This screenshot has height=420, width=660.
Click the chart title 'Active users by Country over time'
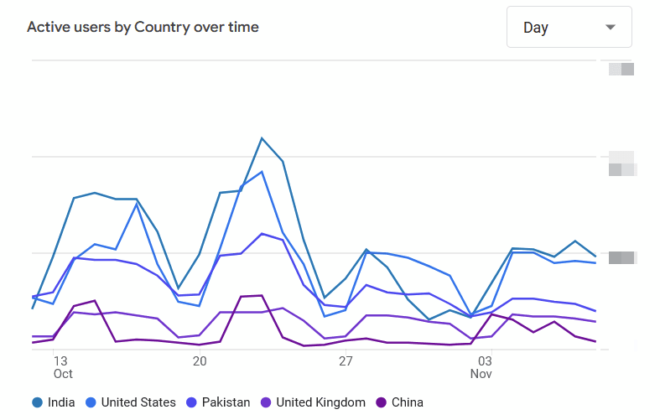143,27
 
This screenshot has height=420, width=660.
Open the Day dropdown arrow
611,27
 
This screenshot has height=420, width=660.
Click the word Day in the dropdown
536,28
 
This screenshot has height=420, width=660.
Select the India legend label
61,402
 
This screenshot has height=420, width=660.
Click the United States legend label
138,402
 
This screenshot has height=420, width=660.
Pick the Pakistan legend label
226,402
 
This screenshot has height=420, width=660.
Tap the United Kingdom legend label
320,402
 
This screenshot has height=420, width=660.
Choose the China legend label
408,402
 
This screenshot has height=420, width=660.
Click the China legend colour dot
382,402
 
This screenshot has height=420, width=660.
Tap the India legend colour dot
38,402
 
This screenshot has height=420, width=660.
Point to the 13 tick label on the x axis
60,361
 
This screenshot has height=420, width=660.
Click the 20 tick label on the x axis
200,361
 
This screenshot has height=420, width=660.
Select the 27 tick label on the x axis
346,361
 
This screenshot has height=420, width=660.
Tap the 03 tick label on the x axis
485,361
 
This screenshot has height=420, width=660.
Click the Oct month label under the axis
63,374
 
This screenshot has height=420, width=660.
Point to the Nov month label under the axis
481,374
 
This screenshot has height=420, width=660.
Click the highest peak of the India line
262,138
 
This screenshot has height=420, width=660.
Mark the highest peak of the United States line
262,172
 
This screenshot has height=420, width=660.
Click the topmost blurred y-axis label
621,69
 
